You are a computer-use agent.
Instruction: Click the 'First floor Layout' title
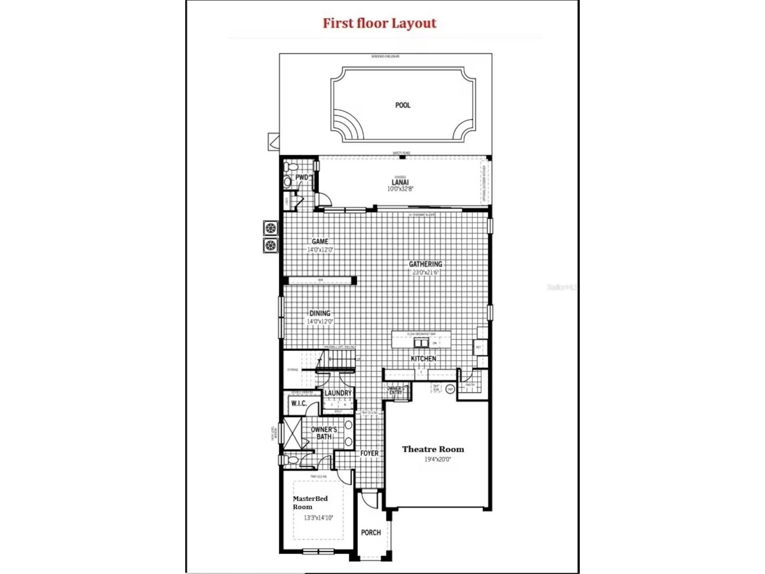tap(379, 23)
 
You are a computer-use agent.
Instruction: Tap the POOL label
tap(403, 105)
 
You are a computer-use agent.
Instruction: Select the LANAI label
tap(400, 182)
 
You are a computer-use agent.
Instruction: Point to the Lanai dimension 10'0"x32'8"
tap(400, 189)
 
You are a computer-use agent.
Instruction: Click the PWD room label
tap(302, 177)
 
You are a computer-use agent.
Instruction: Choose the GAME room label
tap(320, 242)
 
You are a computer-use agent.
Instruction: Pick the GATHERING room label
tap(425, 264)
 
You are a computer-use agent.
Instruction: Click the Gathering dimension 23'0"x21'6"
tap(425, 272)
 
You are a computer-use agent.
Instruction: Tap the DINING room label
tap(320, 313)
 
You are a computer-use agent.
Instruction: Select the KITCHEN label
tap(423, 359)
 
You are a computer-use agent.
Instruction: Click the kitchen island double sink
tap(421, 343)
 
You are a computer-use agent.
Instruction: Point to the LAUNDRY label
tap(338, 393)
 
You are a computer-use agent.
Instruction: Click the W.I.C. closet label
tap(299, 404)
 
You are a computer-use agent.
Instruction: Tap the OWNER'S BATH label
tap(324, 433)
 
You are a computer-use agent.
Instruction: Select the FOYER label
tap(369, 453)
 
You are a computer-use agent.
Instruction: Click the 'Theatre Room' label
tap(433, 450)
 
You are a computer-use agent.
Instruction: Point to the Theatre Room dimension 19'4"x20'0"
tap(437, 460)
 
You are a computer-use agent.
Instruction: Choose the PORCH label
tap(371, 532)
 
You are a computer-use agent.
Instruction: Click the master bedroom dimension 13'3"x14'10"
tap(318, 518)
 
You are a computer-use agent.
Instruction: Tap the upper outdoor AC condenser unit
tap(270, 228)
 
